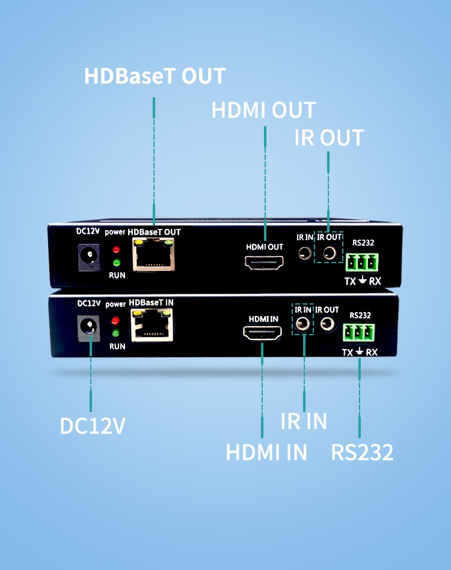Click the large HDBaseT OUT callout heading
pos(155,77)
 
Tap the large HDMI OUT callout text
pos(263,111)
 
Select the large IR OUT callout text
pos(329,138)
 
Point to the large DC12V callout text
pos(93,425)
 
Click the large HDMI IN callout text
pos(266,452)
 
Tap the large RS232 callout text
pos(362,452)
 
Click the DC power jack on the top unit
pos(90,257)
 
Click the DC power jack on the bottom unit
pos(90,328)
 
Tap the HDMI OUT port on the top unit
pos(263,263)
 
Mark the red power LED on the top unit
pos(116,249)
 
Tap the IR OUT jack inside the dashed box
pos(328,253)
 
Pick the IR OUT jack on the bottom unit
pos(328,325)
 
